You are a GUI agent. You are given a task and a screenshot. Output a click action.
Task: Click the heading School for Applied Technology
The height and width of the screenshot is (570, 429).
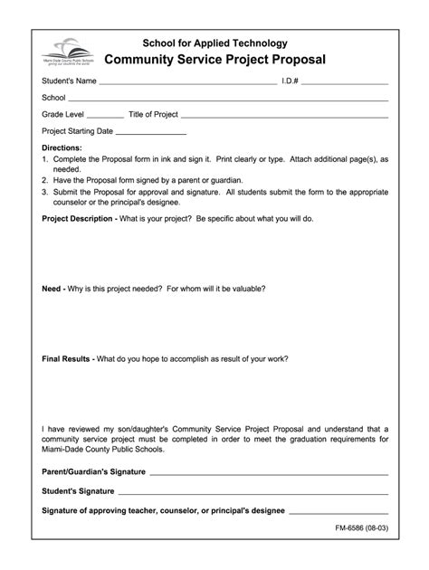pos(214,43)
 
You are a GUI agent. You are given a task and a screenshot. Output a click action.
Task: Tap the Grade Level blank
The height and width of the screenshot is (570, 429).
pos(106,117)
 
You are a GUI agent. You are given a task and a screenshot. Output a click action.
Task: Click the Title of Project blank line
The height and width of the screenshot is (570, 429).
pos(285,117)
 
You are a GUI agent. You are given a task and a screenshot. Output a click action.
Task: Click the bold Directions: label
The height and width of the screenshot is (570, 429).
pos(62,147)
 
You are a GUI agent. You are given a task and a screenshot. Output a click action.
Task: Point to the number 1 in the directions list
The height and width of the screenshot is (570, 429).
pos(45,158)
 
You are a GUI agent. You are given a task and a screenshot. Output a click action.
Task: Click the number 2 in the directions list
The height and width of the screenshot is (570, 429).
pos(45,180)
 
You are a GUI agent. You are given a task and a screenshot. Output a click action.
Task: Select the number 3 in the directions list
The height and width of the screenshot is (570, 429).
pos(45,192)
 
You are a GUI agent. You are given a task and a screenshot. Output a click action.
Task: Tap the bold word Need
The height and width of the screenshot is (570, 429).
pos(52,290)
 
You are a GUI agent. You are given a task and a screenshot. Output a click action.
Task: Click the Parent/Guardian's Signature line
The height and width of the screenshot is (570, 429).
pos(269,473)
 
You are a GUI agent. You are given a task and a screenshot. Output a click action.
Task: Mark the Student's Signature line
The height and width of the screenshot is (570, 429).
pos(253,492)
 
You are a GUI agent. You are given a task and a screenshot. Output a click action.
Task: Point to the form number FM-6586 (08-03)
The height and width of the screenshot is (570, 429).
pos(356,534)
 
